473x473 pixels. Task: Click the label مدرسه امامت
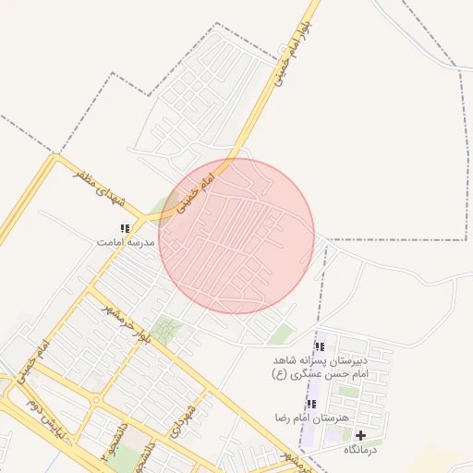(x=124, y=241)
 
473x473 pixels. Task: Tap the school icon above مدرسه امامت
(x=125, y=227)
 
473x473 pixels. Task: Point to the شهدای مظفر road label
(x=96, y=187)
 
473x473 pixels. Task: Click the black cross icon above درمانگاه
(x=360, y=435)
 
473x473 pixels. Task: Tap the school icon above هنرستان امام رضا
(x=310, y=404)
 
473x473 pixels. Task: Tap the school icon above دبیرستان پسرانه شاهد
(x=320, y=346)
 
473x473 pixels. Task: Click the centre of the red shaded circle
(x=236, y=236)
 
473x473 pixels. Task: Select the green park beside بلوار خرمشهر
(x=167, y=329)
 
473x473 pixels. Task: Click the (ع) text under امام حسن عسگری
(x=279, y=374)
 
